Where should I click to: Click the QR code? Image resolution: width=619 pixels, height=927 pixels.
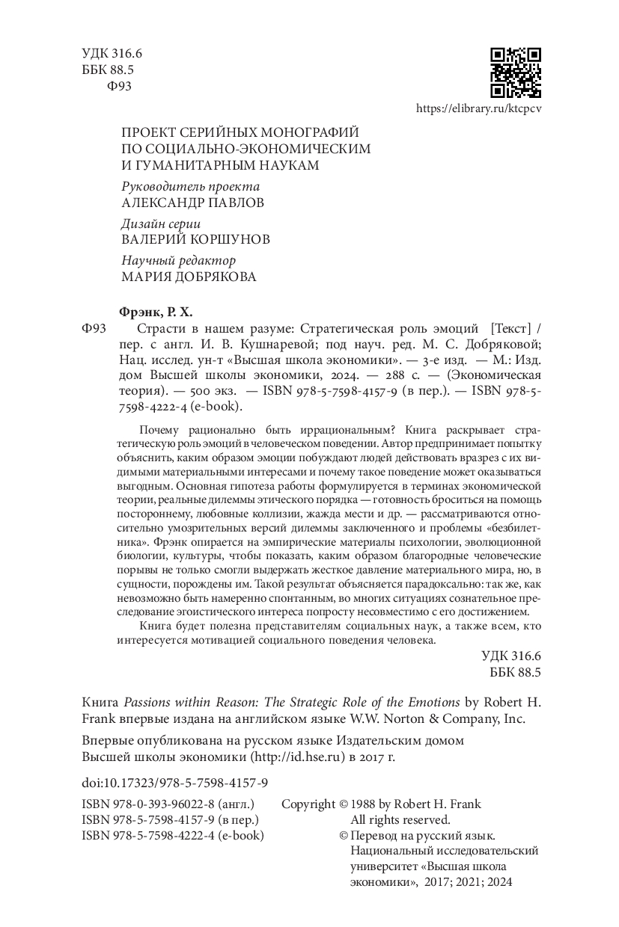click(x=515, y=73)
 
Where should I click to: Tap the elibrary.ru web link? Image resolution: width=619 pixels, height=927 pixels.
click(x=478, y=108)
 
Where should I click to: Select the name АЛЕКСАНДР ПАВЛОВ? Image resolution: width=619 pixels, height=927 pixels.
click(x=192, y=203)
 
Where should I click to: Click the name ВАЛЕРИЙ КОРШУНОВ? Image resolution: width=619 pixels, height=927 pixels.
click(x=195, y=240)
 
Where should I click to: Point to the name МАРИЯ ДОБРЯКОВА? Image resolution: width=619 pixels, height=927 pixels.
click(x=188, y=277)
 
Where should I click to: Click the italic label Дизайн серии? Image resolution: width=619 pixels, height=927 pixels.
click(x=161, y=224)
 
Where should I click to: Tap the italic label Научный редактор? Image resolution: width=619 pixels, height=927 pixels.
click(x=178, y=260)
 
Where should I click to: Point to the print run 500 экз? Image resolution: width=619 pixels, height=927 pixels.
click(x=205, y=390)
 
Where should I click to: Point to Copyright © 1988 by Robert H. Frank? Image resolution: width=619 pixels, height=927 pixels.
click(x=381, y=804)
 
